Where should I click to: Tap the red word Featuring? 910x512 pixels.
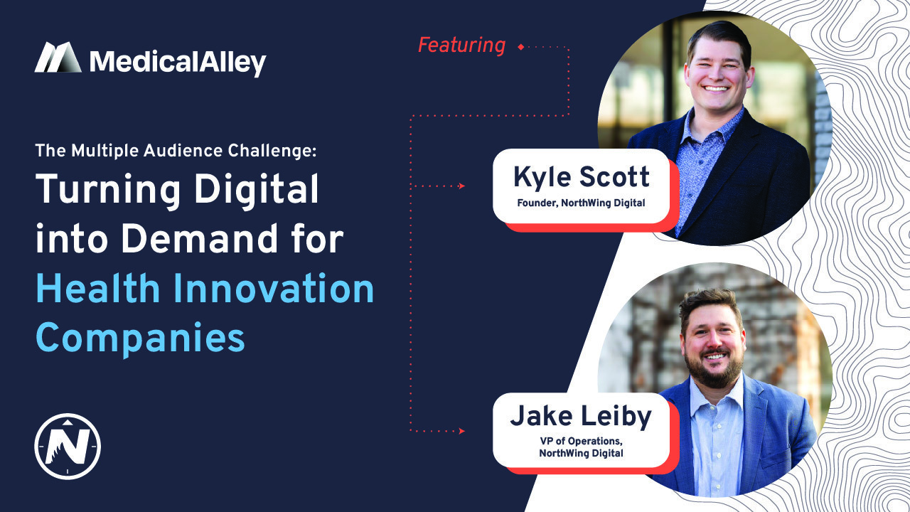(x=461, y=46)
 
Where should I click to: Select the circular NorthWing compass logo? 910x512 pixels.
(x=68, y=447)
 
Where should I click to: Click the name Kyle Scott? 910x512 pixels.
(x=582, y=177)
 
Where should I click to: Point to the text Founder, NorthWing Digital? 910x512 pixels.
(x=582, y=203)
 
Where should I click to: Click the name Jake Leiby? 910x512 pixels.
(x=581, y=417)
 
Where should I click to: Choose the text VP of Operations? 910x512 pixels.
(x=581, y=442)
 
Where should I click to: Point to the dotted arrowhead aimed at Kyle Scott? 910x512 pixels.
(x=461, y=186)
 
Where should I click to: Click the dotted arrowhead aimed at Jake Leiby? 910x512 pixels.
(x=461, y=431)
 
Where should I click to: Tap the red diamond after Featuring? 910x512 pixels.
(x=521, y=47)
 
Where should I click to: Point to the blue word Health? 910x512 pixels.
(x=98, y=289)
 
